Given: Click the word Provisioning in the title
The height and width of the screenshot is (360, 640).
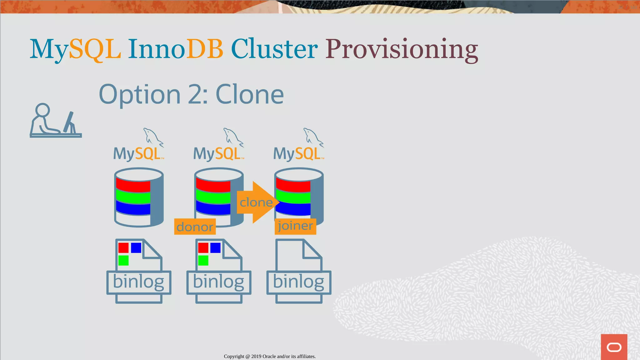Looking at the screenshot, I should [402, 49].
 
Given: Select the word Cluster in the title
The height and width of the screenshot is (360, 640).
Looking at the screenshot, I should [274, 49].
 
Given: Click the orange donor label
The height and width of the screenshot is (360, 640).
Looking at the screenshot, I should [195, 227].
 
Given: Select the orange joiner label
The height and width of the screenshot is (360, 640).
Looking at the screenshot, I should [295, 226].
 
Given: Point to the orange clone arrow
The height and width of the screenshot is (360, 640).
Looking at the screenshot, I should [257, 202].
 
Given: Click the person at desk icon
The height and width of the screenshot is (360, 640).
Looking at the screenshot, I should [55, 121].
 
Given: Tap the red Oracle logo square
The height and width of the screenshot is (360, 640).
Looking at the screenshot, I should [614, 347].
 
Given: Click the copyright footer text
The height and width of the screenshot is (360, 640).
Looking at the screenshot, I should [270, 356].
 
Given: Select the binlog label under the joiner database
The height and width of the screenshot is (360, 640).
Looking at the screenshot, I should [298, 282].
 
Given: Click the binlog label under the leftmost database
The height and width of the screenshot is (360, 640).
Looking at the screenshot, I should [138, 282].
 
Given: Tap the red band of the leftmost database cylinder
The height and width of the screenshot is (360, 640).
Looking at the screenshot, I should [133, 185].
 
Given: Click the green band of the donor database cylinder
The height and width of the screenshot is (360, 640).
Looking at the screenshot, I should [213, 197].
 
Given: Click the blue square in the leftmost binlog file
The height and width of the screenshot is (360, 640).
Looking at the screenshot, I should [136, 248].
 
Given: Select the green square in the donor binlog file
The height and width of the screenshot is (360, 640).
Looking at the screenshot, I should [203, 260].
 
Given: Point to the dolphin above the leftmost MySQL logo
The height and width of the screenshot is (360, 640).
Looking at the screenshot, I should [152, 137].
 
